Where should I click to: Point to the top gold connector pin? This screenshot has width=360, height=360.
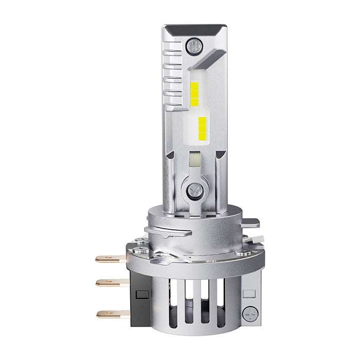(110, 259)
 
